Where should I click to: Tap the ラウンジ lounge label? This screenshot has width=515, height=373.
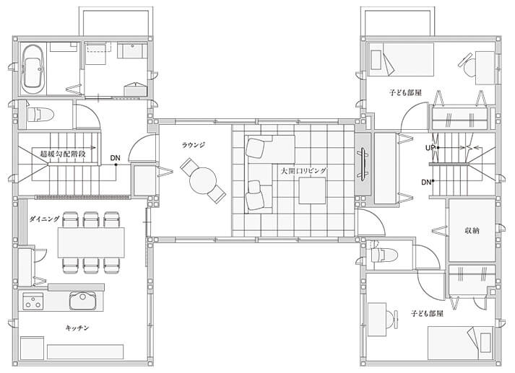tap(194, 145)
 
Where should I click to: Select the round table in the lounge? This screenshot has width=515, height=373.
tap(203, 181)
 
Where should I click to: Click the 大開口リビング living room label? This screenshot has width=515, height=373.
tap(303, 170)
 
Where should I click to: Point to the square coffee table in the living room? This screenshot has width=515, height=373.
tap(312, 190)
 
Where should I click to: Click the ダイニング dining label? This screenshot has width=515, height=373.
tap(44, 219)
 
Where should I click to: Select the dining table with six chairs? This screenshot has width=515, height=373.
tap(91, 242)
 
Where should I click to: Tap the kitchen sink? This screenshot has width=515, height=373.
tap(82, 301)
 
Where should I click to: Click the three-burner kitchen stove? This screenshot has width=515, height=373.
tap(33, 302)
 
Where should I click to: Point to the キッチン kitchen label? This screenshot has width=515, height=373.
tap(77, 328)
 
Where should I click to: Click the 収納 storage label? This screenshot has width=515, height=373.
tap(472, 230)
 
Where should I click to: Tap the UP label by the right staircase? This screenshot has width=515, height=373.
tap(430, 148)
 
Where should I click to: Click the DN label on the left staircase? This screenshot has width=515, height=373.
tap(115, 158)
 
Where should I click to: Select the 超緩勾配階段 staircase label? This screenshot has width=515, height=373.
tap(63, 153)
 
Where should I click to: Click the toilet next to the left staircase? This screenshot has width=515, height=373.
tap(40, 115)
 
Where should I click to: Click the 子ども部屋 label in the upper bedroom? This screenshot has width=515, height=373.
tap(405, 92)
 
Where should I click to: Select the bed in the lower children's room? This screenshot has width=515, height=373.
tap(461, 343)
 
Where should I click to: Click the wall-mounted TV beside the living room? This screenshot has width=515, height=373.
tap(363, 164)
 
